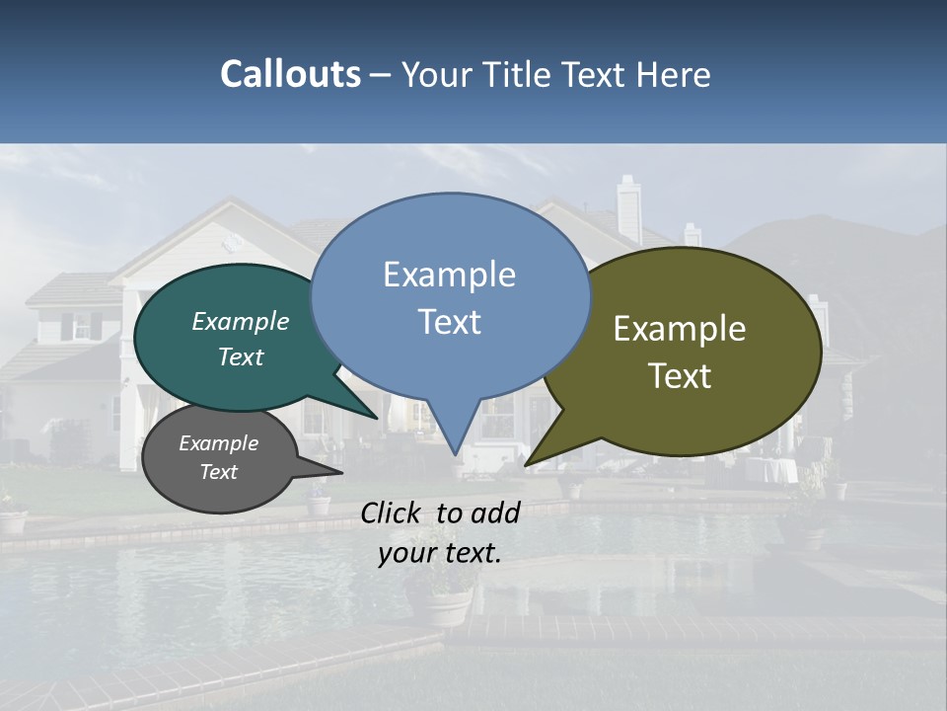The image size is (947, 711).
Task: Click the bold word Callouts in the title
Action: click(291, 74)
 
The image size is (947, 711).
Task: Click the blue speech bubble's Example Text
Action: click(450, 297)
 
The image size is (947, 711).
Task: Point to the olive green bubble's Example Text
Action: click(680, 352)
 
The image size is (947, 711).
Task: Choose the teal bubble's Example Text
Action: click(241, 338)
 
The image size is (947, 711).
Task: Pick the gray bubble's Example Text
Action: click(218, 457)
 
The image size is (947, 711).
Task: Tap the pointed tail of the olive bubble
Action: click(533, 458)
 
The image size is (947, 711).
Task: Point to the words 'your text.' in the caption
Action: click(440, 553)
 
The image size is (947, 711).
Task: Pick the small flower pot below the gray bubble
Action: click(319, 505)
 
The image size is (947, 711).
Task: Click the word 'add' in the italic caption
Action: click(495, 513)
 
